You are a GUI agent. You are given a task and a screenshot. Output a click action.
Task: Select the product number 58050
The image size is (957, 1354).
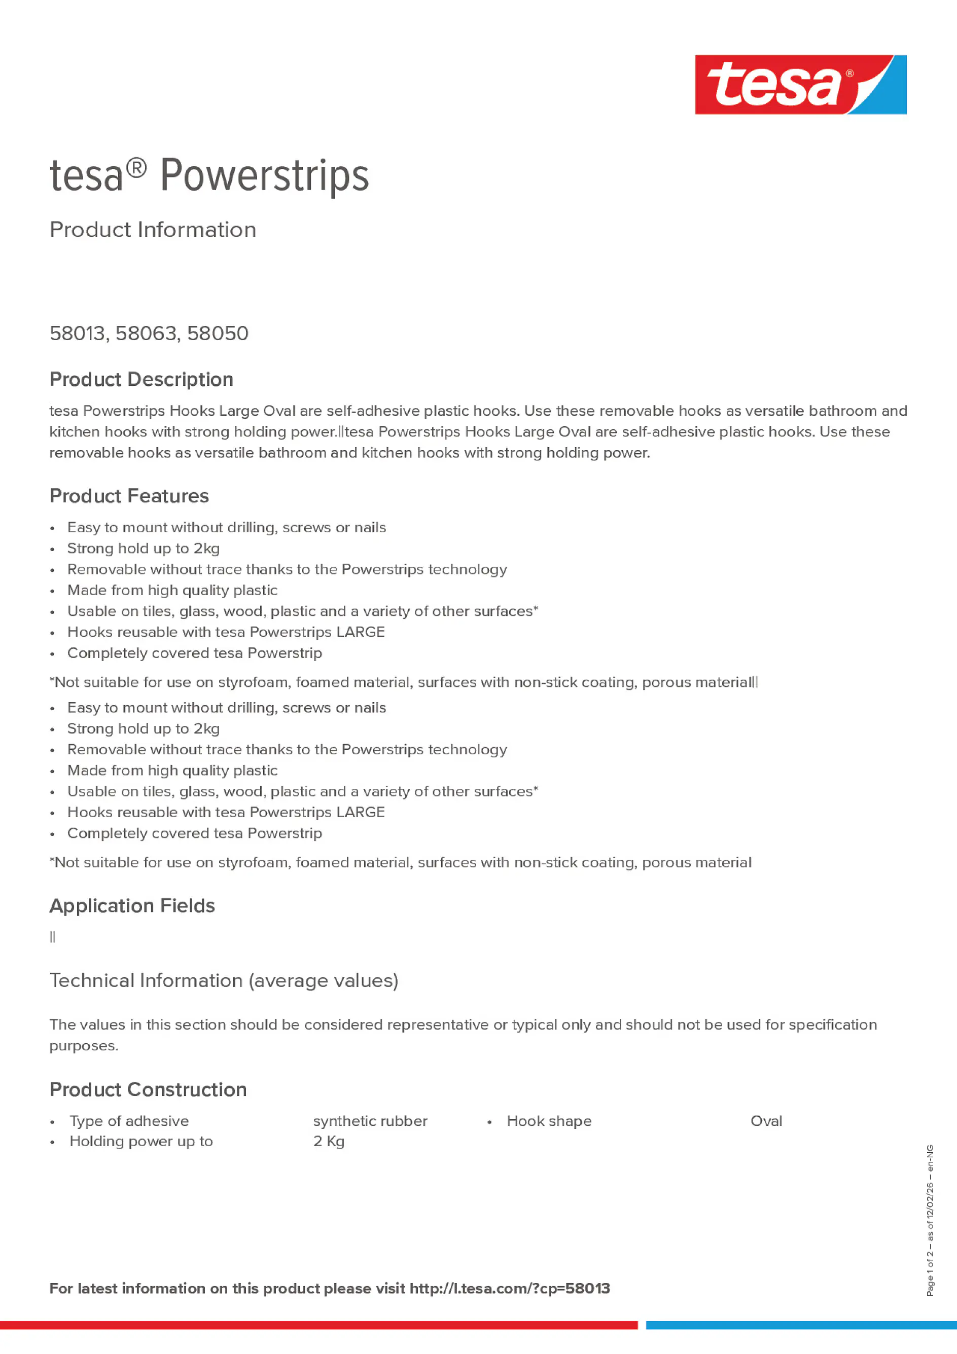coord(218,334)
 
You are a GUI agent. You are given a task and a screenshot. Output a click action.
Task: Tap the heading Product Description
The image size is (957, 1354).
coord(141,379)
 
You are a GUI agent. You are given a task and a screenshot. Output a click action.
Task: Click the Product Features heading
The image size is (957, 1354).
coord(129,496)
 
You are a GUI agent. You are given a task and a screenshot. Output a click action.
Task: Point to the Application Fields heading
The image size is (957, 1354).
coord(132,906)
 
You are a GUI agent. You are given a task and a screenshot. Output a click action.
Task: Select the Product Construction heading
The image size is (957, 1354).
coord(148,1090)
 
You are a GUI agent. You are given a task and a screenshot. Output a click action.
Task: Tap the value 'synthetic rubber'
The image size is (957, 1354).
coord(370,1121)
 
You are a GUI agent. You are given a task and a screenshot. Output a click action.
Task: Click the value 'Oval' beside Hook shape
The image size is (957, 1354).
coord(766,1121)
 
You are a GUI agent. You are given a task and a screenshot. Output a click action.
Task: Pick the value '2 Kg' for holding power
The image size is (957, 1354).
coord(329,1141)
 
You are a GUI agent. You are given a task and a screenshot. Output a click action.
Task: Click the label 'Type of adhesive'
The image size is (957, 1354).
coord(129,1121)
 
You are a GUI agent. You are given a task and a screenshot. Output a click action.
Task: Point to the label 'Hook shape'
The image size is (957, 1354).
coord(549,1121)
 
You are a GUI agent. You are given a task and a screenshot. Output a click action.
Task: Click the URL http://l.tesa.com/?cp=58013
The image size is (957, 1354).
coord(509,1289)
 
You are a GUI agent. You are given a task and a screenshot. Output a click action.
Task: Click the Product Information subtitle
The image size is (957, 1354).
coord(152,230)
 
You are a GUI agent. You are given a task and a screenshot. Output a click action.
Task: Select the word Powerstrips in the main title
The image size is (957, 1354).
coord(264,176)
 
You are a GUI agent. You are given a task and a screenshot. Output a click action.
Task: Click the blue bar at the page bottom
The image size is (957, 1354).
coord(801,1325)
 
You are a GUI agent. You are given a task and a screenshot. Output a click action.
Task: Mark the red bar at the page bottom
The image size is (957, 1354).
coord(318,1325)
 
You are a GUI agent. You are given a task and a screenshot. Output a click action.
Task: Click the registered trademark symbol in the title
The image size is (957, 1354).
coord(136,169)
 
